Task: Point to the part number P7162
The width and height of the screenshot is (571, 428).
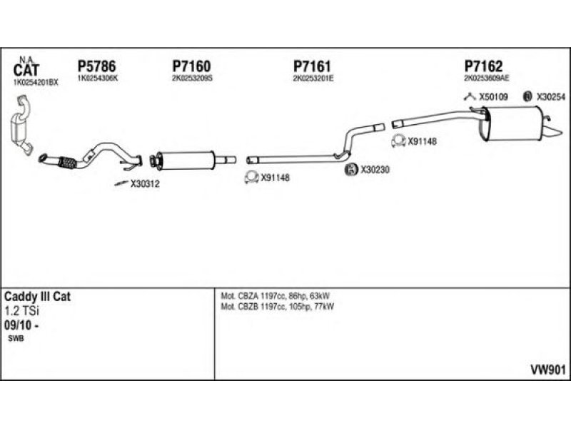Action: (x=483, y=66)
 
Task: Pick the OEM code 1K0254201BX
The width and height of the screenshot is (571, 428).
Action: (x=36, y=83)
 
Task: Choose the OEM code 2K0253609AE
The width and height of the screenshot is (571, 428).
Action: (x=486, y=78)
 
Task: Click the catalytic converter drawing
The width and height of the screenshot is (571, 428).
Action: (x=23, y=129)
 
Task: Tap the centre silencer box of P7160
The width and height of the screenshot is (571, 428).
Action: (x=186, y=159)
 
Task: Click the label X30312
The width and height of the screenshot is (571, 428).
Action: (x=145, y=184)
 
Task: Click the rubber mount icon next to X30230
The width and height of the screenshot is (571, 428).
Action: (x=351, y=170)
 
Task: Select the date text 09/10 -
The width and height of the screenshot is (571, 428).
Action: (x=21, y=324)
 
